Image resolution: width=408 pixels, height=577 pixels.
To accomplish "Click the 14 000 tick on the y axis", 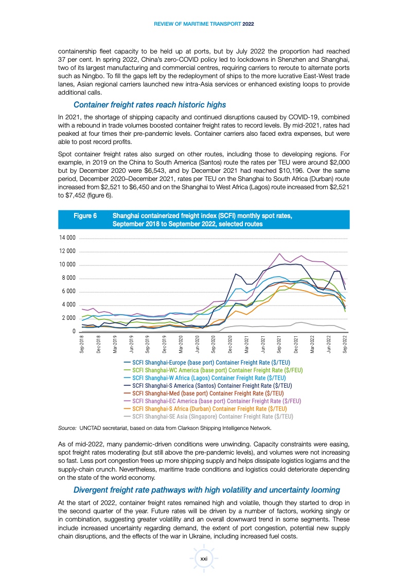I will click(67, 238).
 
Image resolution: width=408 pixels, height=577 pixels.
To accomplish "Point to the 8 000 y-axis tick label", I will click(68, 278).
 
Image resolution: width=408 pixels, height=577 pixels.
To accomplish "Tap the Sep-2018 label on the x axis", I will click(82, 344).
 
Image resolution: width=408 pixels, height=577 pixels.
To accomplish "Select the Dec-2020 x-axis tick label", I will click(230, 344).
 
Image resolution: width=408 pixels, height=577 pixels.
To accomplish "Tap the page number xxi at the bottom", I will click(204, 558).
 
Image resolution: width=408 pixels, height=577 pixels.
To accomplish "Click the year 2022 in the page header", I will click(248, 24).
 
